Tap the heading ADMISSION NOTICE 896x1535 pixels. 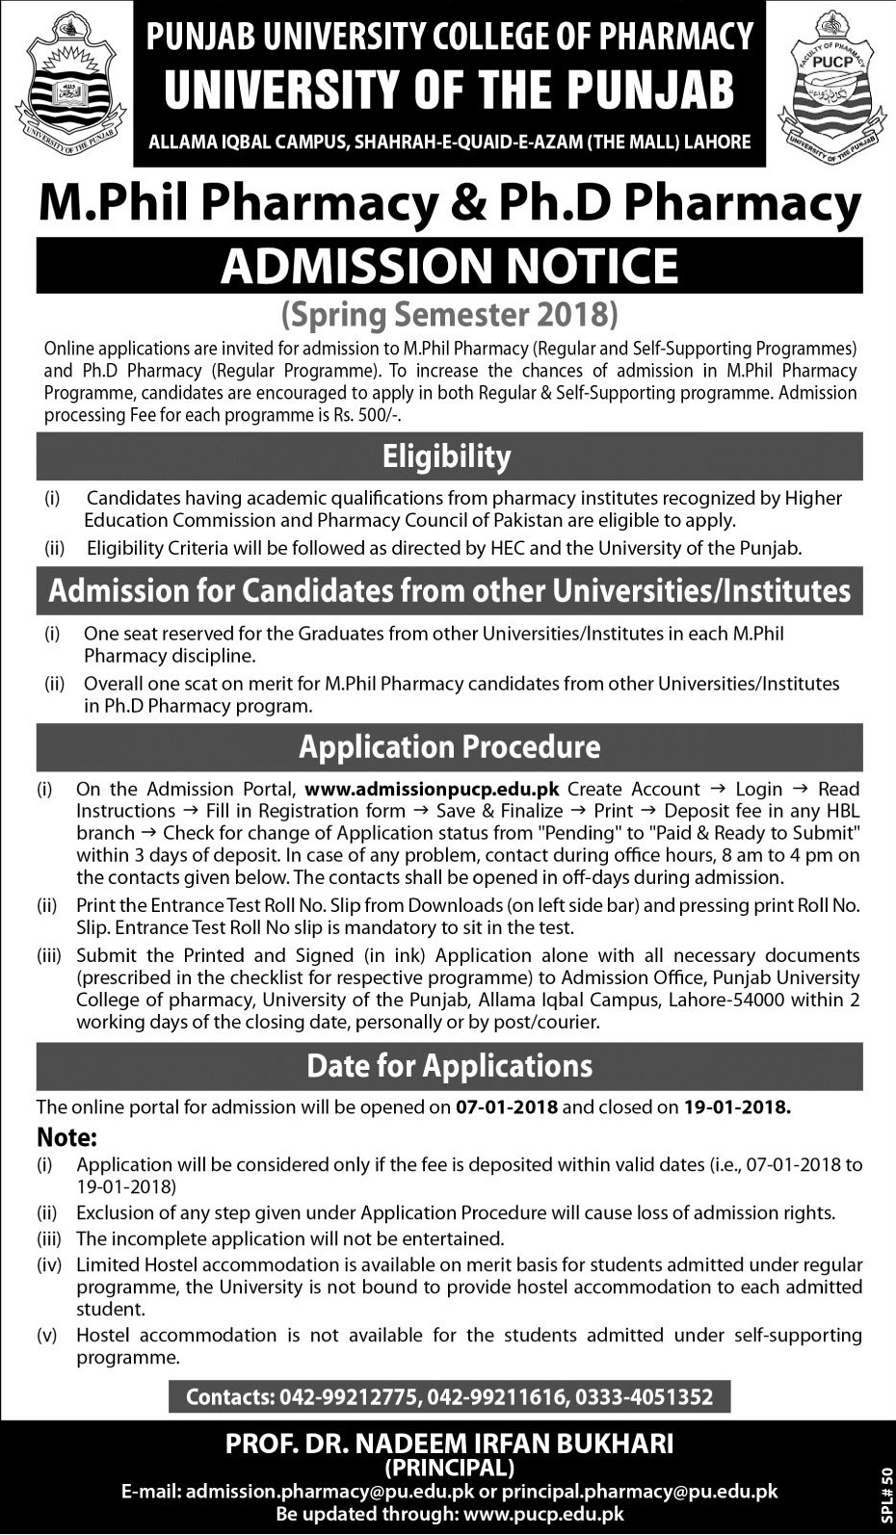pyautogui.click(x=449, y=266)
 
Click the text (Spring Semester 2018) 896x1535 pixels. pyautogui.click(x=449, y=315)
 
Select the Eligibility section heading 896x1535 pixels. pyautogui.click(x=447, y=456)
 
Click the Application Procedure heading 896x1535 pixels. pyautogui.click(x=449, y=747)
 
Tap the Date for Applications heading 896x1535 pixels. pyautogui.click(x=449, y=1066)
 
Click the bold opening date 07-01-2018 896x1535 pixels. pyautogui.click(x=507, y=1107)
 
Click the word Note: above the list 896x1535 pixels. pyautogui.click(x=67, y=1137)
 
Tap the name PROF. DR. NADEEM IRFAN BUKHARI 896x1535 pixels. pyautogui.click(x=449, y=1444)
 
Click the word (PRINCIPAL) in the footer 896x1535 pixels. pyautogui.click(x=449, y=1468)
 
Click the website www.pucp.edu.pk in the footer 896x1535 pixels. pyautogui.click(x=543, y=1515)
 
